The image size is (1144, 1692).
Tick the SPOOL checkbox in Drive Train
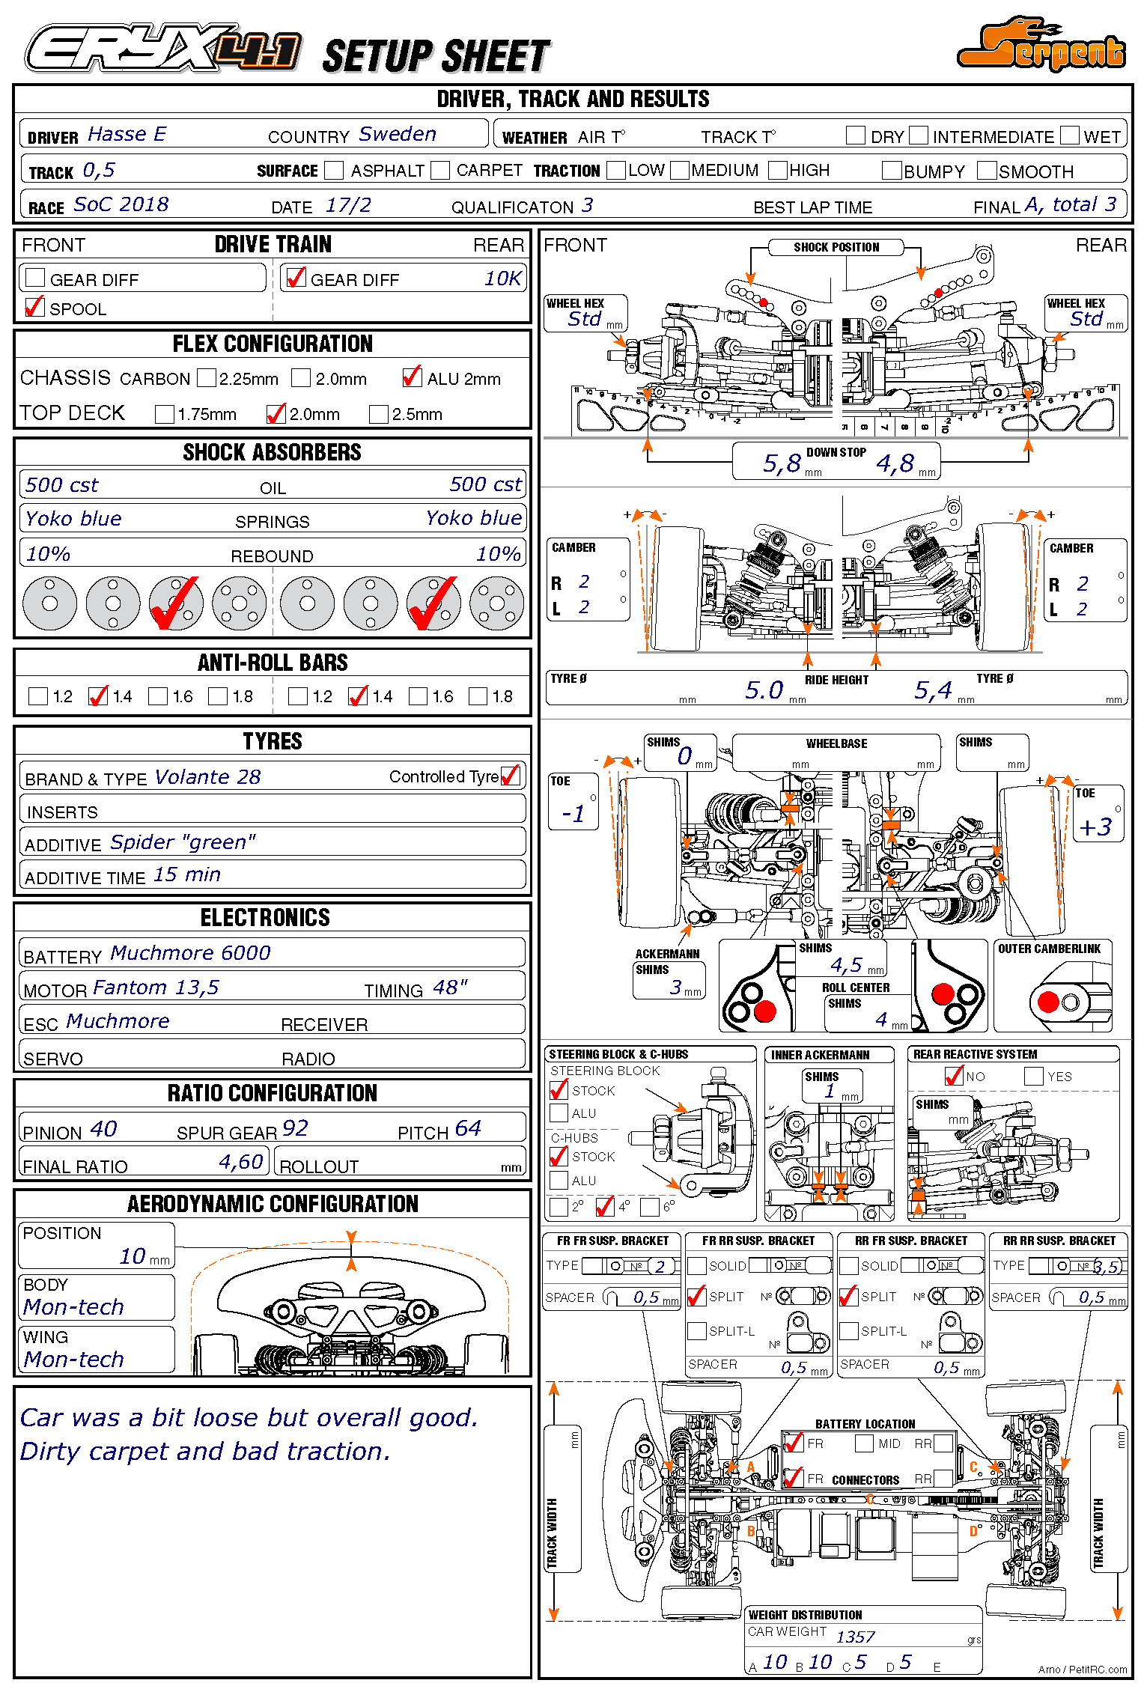pos(34,307)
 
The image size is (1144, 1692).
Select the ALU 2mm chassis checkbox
pos(411,377)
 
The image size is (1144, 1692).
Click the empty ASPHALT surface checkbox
pos(334,171)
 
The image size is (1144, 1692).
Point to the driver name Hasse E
pos(127,135)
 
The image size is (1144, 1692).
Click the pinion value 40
pos(103,1129)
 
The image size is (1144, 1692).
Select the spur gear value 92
pos(295,1129)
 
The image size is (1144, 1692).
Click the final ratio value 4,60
pos(240,1162)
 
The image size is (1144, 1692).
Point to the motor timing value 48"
pos(450,988)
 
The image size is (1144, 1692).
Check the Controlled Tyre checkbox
pos(511,776)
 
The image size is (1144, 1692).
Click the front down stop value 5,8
pos(782,464)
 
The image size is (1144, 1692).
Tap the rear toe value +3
pos(1095,827)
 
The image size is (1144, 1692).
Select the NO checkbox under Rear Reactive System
pos(954,1077)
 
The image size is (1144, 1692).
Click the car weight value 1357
pos(855,1637)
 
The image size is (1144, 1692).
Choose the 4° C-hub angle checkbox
pos(604,1207)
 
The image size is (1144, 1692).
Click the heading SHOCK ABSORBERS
pos(272,452)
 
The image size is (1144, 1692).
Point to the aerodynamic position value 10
pos(133,1256)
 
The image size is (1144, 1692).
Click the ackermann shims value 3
pos(676,988)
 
